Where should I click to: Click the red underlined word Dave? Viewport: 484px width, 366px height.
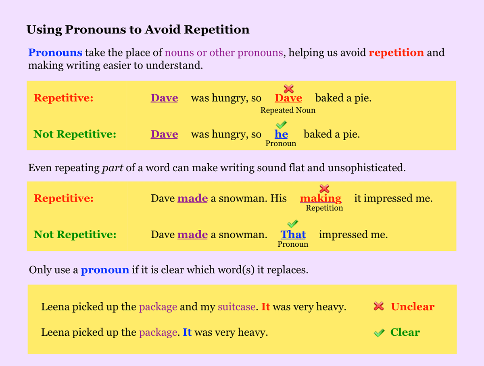(x=288, y=98)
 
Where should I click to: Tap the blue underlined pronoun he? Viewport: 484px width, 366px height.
(x=281, y=134)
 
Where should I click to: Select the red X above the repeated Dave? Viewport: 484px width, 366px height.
(x=289, y=89)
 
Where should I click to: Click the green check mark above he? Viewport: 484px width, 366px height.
(x=282, y=125)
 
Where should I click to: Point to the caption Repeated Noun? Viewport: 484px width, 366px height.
(x=288, y=110)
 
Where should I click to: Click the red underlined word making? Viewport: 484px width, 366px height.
(x=321, y=199)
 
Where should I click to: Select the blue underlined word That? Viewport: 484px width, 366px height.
(x=293, y=235)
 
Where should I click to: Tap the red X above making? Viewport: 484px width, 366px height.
(x=324, y=189)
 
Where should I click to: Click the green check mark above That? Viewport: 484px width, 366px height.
(x=292, y=224)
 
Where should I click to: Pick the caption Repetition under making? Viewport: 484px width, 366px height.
(x=324, y=208)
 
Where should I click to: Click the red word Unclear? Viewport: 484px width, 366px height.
(x=413, y=306)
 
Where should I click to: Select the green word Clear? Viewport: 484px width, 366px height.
(x=405, y=332)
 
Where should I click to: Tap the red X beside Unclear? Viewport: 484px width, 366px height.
(x=379, y=306)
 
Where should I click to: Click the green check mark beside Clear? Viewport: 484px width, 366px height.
(x=379, y=333)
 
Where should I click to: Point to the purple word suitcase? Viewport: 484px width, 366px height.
(x=237, y=307)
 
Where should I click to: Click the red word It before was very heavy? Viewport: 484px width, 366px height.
(x=265, y=306)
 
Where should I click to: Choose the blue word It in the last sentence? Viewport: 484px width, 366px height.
(x=187, y=332)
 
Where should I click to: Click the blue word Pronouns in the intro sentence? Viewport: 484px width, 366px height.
(x=55, y=52)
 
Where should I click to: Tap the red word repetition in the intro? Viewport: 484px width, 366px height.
(x=396, y=53)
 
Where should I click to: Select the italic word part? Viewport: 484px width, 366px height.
(x=113, y=168)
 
